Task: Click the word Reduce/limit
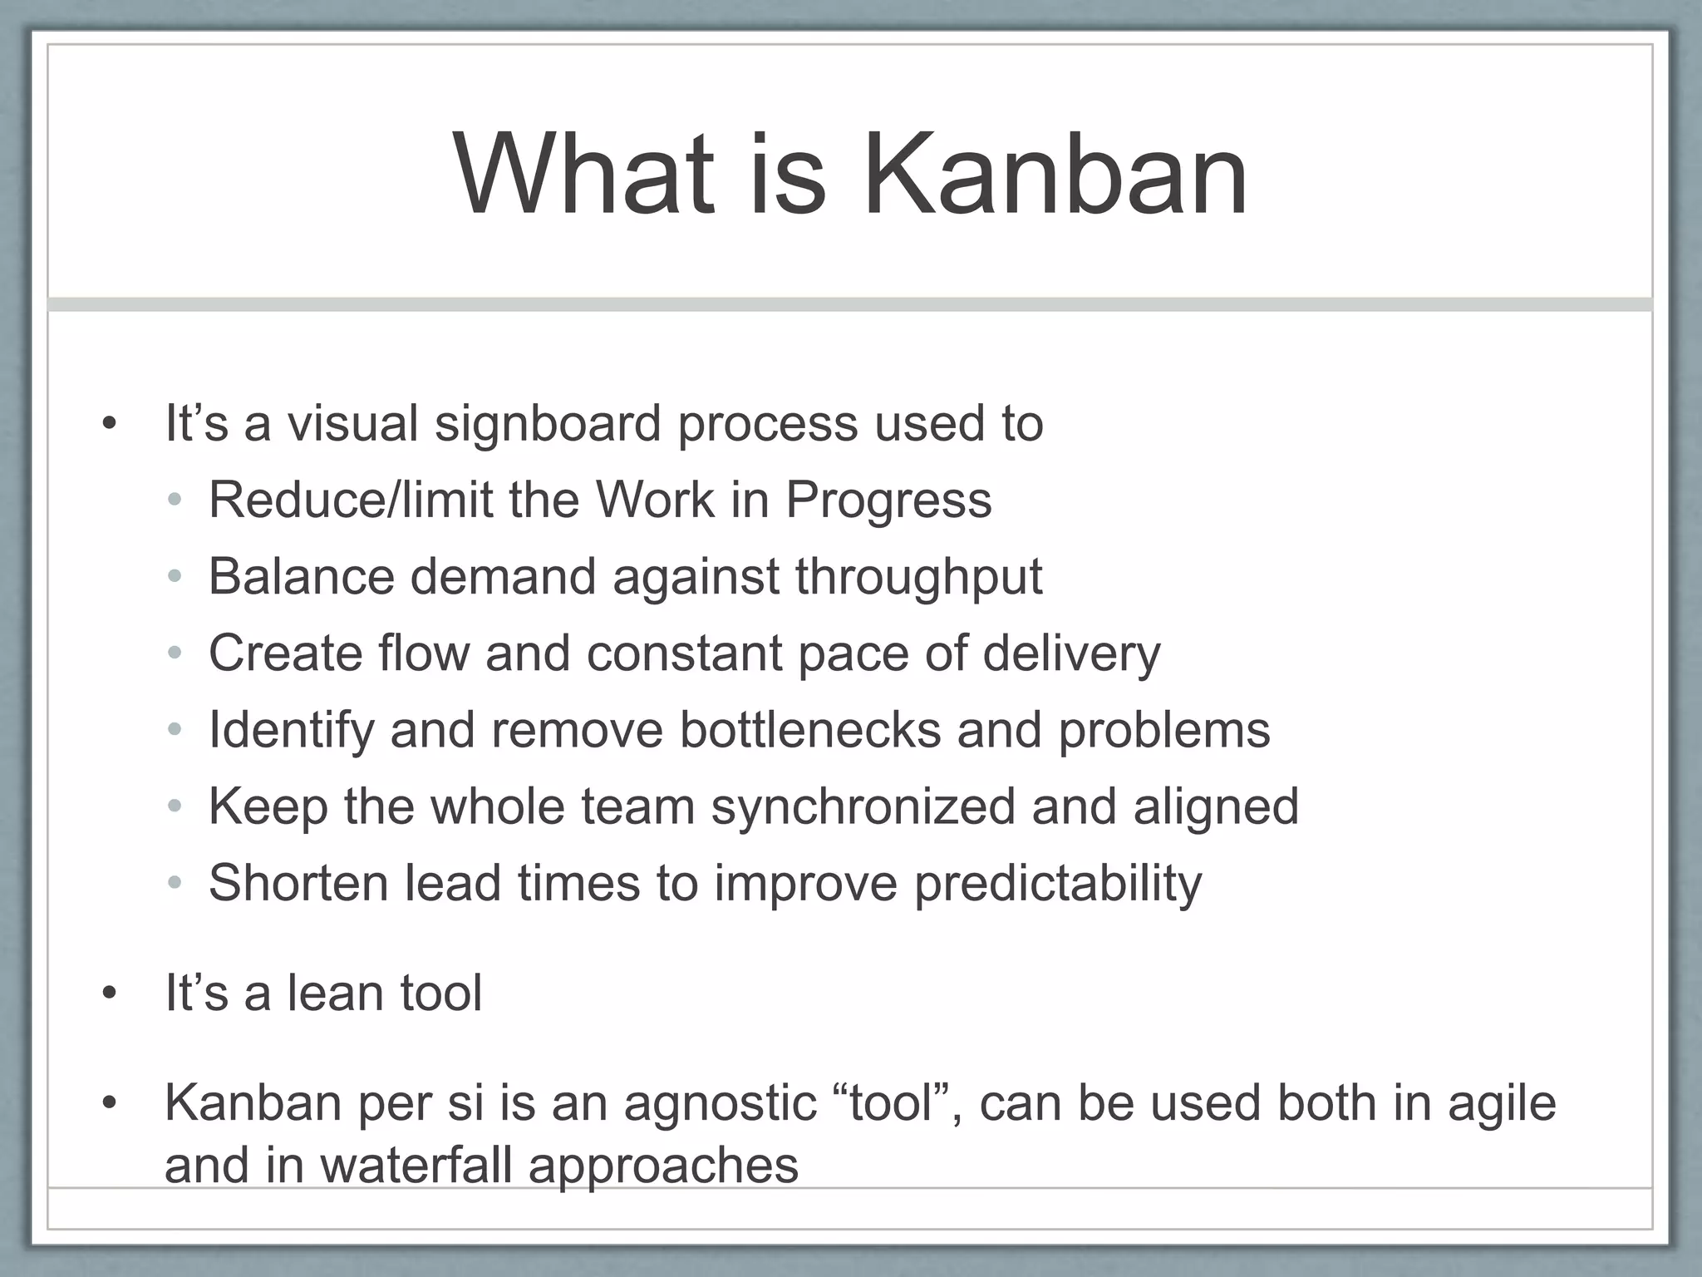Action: click(350, 500)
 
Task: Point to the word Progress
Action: click(888, 501)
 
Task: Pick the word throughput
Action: click(918, 578)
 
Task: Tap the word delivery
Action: click(1071, 654)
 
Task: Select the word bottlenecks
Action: click(809, 730)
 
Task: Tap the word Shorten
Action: click(298, 882)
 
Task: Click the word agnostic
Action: click(720, 1104)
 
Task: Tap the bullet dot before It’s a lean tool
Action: click(109, 994)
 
